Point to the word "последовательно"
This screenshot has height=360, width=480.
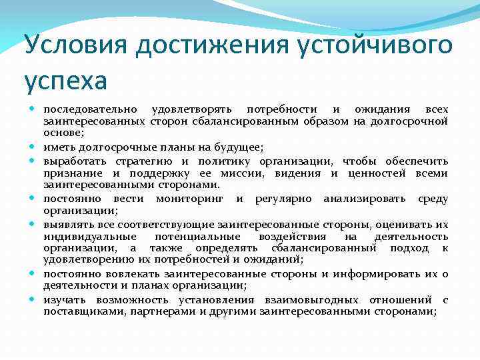pyautogui.click(x=91, y=109)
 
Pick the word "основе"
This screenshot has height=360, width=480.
pyautogui.click(x=63, y=133)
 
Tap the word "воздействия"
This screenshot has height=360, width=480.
pyautogui.click(x=296, y=236)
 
